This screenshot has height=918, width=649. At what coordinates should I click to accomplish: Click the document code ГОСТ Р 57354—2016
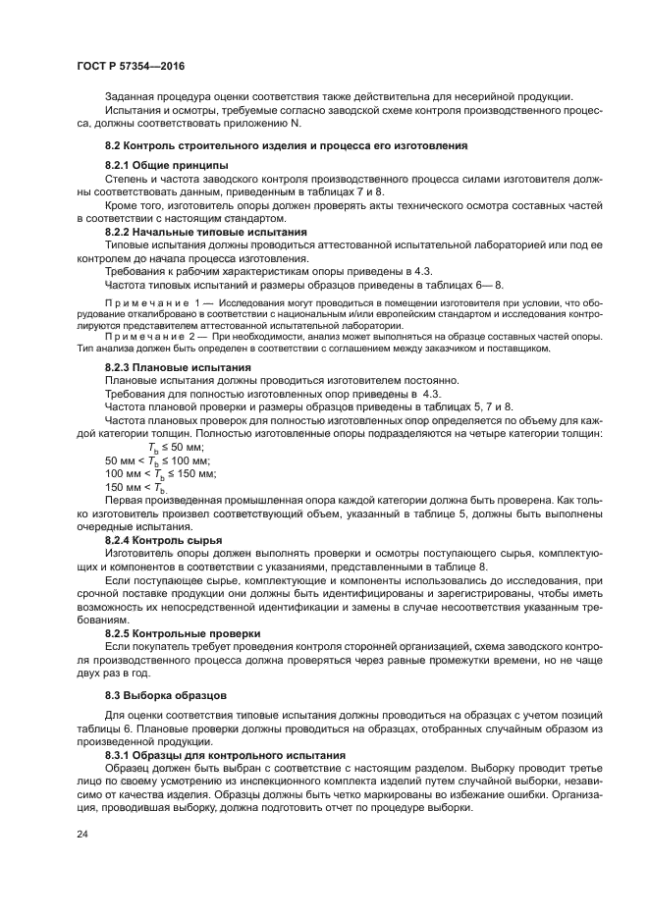[131, 65]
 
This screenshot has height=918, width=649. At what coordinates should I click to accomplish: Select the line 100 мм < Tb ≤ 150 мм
[161, 473]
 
